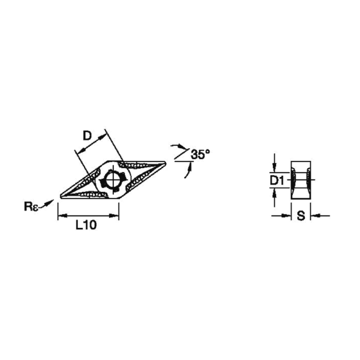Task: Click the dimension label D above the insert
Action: tap(87, 136)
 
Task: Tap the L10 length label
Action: tap(86, 225)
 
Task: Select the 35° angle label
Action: tap(200, 154)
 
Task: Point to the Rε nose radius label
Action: tap(31, 206)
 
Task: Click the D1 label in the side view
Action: tap(277, 181)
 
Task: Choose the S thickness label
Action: tap(301, 216)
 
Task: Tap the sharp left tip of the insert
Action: tap(61, 197)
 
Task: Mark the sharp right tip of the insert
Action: tap(166, 163)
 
